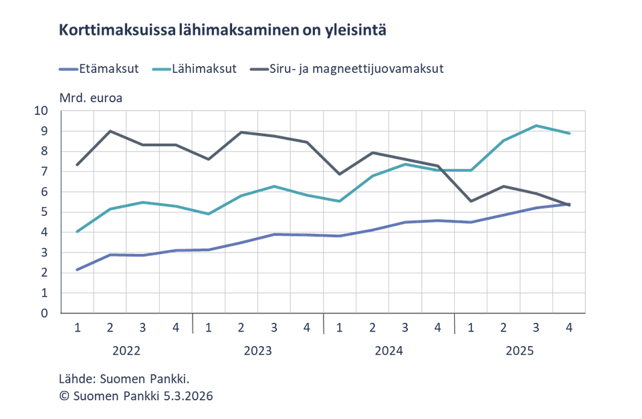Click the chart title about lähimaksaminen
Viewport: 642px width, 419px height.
222,30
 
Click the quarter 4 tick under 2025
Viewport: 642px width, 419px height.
568,328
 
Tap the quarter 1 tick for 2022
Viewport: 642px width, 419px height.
78,328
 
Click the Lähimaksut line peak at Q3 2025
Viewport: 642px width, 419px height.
536,125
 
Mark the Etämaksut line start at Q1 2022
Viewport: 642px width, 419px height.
78,269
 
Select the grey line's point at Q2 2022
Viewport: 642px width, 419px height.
110,131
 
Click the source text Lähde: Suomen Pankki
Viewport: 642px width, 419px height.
124,380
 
